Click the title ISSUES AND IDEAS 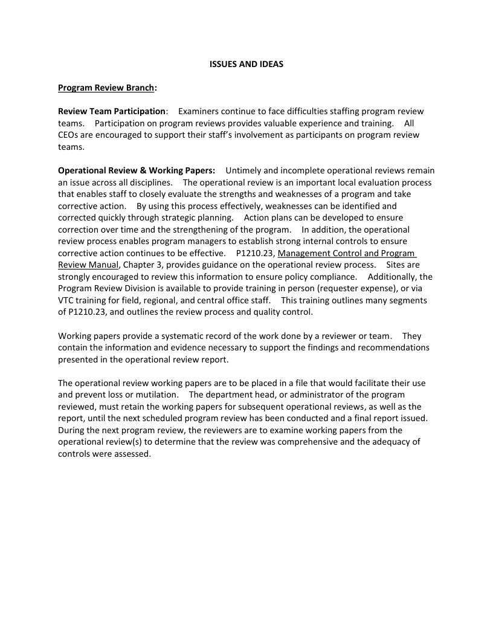point(246,63)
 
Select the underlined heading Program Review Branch point(106,88)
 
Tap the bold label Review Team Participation point(112,111)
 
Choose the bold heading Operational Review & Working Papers point(137,170)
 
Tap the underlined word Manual point(103,265)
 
